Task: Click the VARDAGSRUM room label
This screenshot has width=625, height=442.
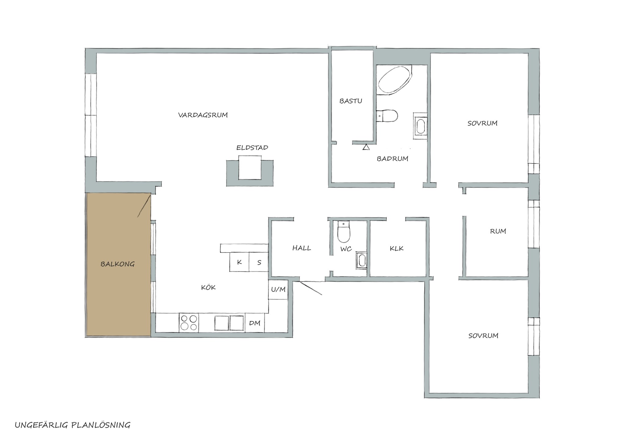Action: [x=203, y=115]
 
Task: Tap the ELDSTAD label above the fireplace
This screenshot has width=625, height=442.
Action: [x=252, y=148]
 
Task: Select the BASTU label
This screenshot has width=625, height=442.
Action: [x=351, y=101]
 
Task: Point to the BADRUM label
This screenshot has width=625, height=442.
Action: [x=392, y=159]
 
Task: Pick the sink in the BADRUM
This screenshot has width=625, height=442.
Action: [x=421, y=126]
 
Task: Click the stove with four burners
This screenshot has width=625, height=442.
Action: [x=189, y=323]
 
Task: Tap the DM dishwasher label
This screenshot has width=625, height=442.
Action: [x=255, y=323]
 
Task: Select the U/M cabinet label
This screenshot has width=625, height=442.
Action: [x=278, y=289]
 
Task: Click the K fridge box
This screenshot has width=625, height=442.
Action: [x=239, y=262]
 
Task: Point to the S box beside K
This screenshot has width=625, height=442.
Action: [x=259, y=262]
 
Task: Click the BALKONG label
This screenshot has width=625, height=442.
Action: [x=117, y=264]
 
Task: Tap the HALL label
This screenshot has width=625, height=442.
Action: [x=302, y=248]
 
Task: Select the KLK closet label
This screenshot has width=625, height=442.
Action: [x=396, y=248]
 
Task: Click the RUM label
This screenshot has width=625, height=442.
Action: [x=498, y=231]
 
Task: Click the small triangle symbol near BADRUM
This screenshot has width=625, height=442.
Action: [x=366, y=147]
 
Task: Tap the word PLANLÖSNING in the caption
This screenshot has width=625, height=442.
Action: [x=101, y=425]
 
